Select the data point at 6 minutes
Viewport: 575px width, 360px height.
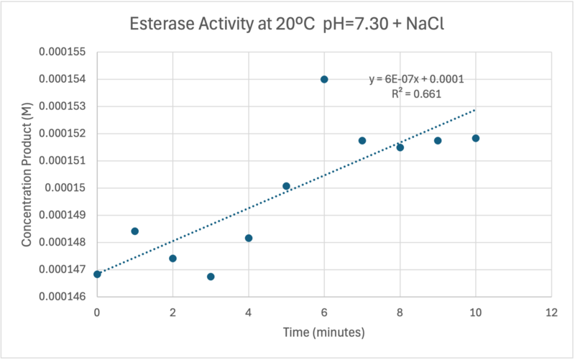coord(324,79)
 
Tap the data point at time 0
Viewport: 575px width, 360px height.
coord(97,274)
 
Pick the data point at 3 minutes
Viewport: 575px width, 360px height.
coord(211,277)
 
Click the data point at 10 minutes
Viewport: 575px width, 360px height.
coord(476,138)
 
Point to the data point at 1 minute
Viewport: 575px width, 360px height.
coord(135,231)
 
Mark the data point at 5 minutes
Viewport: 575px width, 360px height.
coord(286,186)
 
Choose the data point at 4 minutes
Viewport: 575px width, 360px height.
coord(249,238)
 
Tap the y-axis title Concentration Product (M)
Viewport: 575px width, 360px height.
coord(27,174)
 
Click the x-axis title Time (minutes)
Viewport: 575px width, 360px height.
coord(324,333)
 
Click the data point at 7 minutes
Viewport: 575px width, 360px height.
coord(362,141)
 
